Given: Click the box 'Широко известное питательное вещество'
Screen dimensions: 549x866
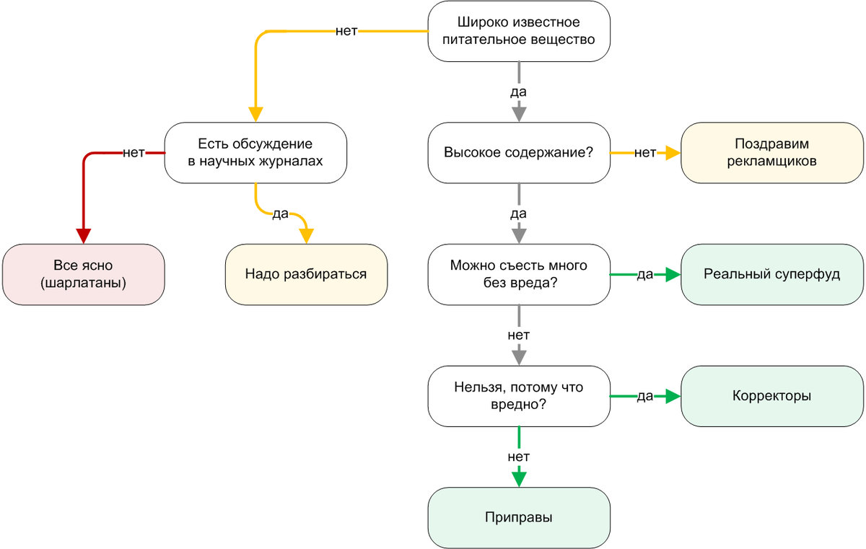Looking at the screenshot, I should click(x=519, y=32).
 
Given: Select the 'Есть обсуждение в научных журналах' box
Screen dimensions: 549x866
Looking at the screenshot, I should click(x=255, y=153).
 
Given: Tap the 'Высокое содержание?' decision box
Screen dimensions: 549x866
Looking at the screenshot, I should click(x=519, y=153).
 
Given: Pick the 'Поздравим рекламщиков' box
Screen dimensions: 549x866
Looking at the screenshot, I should click(x=772, y=153).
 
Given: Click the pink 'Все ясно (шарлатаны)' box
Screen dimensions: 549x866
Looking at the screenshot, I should click(x=84, y=274).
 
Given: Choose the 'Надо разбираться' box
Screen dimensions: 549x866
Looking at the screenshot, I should click(x=306, y=274).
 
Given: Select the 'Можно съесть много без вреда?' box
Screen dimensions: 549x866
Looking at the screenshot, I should click(x=519, y=274).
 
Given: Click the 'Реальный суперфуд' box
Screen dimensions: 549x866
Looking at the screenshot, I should click(x=772, y=274).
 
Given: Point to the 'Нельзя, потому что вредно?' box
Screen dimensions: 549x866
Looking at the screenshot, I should click(x=519, y=396).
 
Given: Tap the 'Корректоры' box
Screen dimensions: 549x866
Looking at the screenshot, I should click(x=772, y=396).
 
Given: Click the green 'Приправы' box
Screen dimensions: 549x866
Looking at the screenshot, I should click(x=519, y=517).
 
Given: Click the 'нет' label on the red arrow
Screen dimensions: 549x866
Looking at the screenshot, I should click(x=134, y=153).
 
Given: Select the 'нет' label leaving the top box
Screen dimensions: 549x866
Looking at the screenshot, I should click(x=346, y=32).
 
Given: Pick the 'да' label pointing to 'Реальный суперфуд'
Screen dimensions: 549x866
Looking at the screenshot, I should click(x=644, y=274).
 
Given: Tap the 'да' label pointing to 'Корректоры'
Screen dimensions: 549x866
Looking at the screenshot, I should click(x=644, y=396).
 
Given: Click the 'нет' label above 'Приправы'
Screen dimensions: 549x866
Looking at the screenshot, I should click(x=519, y=457).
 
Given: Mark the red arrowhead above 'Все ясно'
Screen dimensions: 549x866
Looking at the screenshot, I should click(x=84, y=235).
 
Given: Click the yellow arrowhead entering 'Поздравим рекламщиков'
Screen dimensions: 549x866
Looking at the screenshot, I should click(x=673, y=153).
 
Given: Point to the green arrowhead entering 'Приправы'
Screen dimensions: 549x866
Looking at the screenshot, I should click(x=519, y=478).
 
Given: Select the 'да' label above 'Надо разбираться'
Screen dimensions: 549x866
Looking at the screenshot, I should click(x=280, y=214).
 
